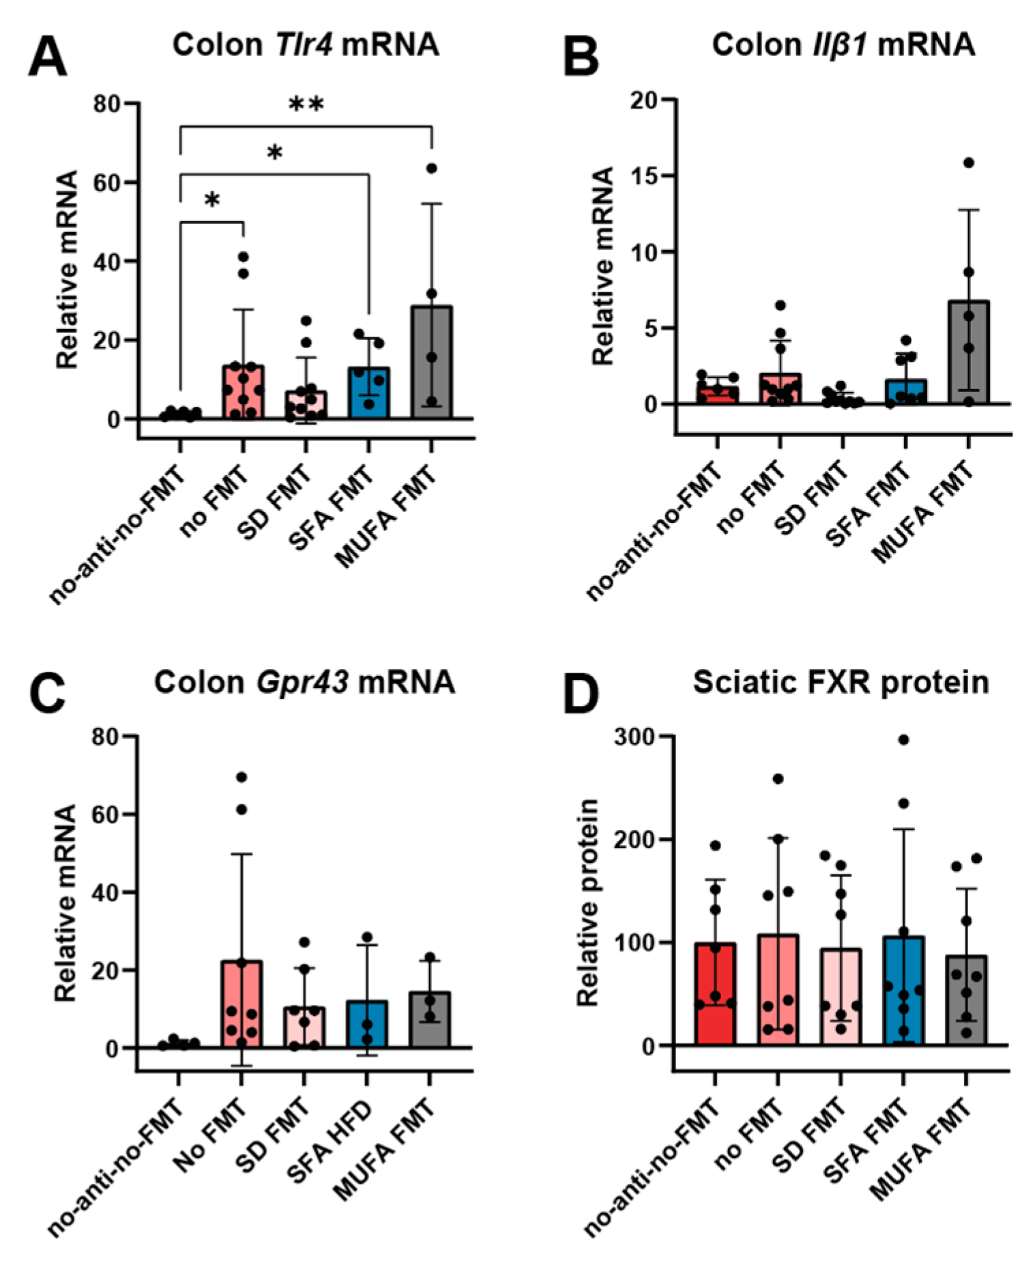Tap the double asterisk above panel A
tap(306, 104)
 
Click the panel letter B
tap(581, 57)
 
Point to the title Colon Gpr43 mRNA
tap(304, 682)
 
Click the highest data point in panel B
tap(968, 162)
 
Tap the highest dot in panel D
tap(903, 739)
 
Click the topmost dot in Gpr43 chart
tap(241, 777)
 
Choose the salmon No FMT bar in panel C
tap(241, 1004)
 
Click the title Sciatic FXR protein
tap(841, 682)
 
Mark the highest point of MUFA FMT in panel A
tap(431, 168)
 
